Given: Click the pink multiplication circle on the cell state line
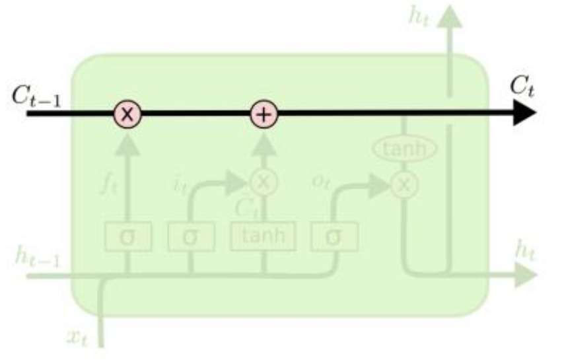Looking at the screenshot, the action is pos(127,115).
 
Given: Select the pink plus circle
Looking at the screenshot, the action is pos(264,115).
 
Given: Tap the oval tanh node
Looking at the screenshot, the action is pos(405,151).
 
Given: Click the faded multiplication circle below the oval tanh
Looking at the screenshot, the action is pos(405,186).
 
